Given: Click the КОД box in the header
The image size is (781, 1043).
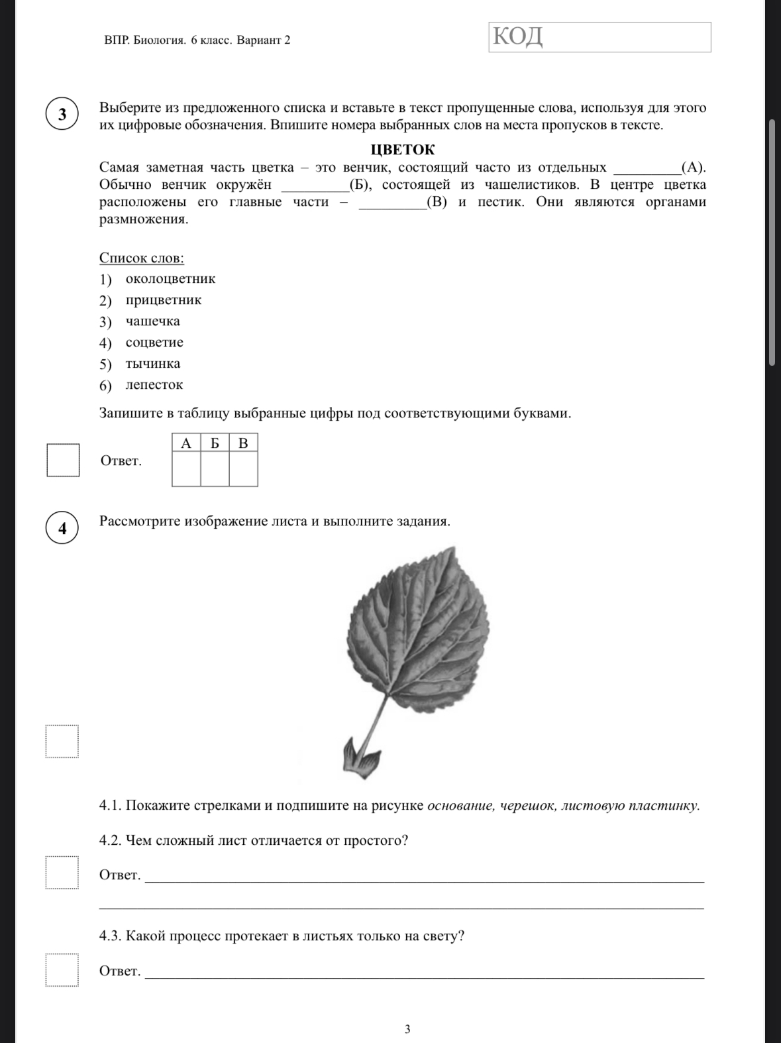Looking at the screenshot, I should point(599,37).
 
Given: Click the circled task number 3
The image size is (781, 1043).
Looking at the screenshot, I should point(63,114).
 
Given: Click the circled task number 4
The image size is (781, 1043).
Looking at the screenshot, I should point(63,528).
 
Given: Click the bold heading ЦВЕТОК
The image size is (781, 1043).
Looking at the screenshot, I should point(403,150).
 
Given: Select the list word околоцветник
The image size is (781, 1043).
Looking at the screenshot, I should point(170,279).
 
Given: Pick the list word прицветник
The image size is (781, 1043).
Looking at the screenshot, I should point(164,300).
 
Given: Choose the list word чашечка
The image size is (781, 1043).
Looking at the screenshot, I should point(153,321).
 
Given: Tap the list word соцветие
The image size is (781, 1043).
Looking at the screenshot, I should point(154,343).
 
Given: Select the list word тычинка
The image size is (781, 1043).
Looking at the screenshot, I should point(153,364).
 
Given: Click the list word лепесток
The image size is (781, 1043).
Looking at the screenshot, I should point(154,385).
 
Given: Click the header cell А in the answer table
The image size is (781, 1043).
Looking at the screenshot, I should point(186,443).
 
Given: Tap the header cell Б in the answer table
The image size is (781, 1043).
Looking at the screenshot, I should point(215,443).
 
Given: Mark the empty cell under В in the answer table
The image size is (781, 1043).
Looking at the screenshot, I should point(243,469).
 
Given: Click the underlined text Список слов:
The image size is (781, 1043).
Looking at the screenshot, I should point(142,258).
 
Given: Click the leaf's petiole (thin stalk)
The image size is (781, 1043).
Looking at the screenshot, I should point(376,719).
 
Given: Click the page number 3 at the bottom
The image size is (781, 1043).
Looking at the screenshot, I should point(407,1029).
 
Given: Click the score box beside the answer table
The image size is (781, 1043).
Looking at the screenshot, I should point(63,460).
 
